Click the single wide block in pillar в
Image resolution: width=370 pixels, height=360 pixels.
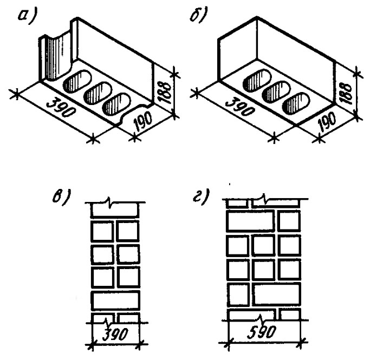point(115,299)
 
